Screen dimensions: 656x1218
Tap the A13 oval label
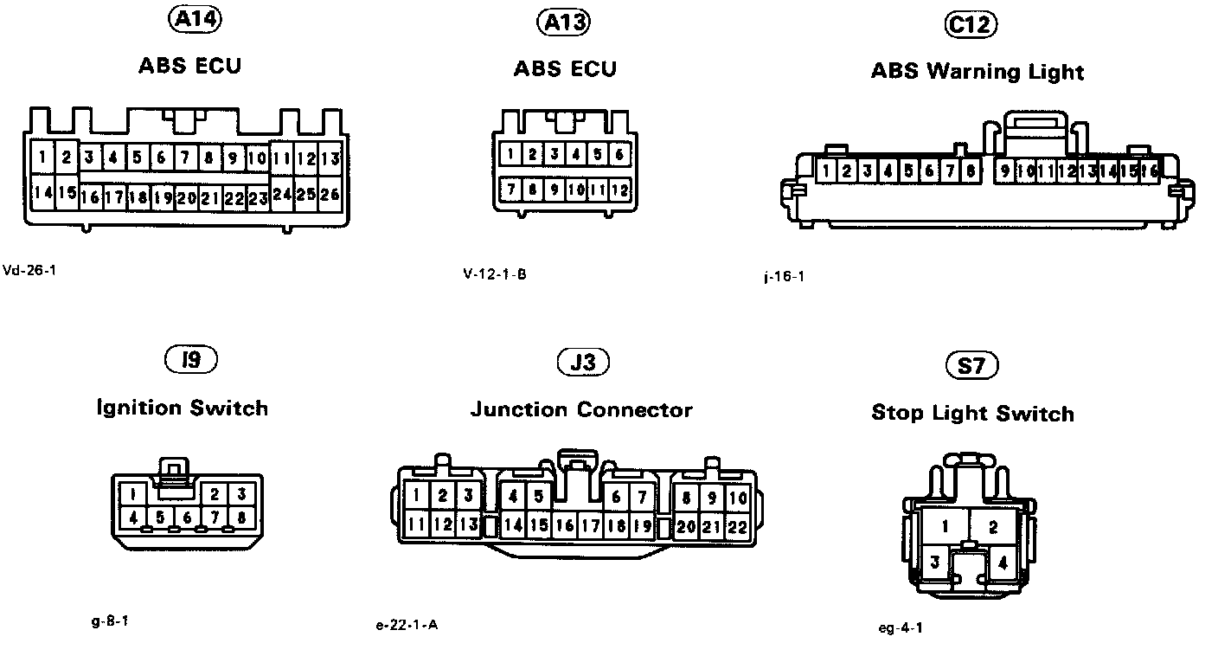pos(564,23)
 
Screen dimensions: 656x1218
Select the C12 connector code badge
pos(970,26)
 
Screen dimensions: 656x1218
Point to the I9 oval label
pos(191,360)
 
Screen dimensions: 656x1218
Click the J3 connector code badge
pos(584,363)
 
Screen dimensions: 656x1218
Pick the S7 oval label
pos(972,366)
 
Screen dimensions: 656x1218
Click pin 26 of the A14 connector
pos(330,195)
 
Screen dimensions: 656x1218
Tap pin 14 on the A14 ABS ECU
pos(42,192)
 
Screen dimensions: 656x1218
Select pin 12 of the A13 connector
pos(619,190)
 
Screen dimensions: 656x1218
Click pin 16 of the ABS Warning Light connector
pos(1149,172)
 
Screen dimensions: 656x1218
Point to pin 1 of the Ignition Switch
pos(132,495)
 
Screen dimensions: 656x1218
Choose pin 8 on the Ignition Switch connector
pos(241,518)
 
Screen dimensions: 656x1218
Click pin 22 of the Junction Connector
pos(737,525)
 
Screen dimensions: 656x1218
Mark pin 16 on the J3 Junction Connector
pos(565,525)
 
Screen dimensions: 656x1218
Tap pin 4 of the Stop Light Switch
pos(1003,563)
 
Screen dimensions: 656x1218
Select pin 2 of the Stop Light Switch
pos(993,527)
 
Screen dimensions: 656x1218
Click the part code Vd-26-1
pos(30,269)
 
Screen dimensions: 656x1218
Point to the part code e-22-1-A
pos(407,625)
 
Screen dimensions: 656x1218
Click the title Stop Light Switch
pos(972,414)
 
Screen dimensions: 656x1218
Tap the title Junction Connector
pos(581,409)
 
